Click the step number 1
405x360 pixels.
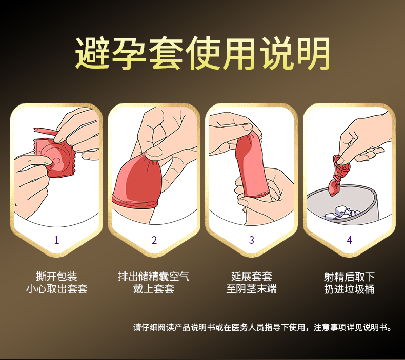57,240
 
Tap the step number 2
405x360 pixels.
154,240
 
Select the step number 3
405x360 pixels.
252,240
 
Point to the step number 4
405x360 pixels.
349,240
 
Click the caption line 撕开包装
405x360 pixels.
57,277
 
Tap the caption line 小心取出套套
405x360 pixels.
57,288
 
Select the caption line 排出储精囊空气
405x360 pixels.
154,277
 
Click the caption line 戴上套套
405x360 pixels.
154,288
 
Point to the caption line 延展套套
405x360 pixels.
252,277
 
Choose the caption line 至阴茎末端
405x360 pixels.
252,288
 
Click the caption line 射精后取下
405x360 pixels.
349,277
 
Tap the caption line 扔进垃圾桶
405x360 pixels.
349,289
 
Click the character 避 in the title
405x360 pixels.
92,53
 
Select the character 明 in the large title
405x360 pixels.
313,53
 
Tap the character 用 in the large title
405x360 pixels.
240,53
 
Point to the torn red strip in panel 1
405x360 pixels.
45,131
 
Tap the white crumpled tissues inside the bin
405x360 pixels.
341,213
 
